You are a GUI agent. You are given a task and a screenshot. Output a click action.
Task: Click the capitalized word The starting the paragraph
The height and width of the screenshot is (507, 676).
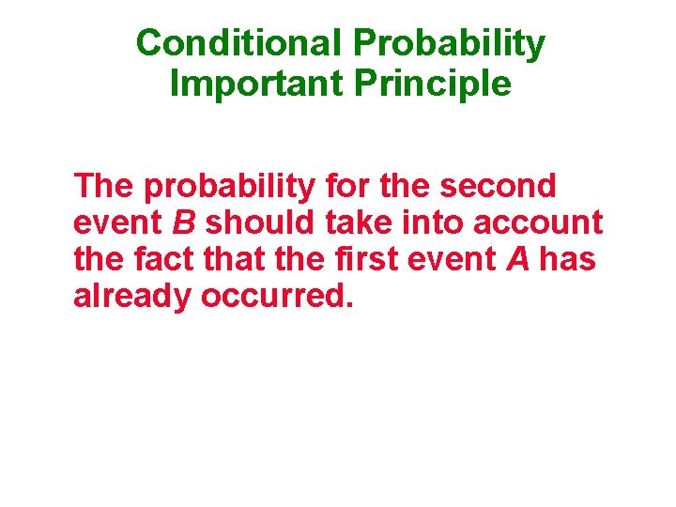point(103,186)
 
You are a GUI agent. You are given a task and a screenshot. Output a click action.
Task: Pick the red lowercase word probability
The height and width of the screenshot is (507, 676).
point(229,188)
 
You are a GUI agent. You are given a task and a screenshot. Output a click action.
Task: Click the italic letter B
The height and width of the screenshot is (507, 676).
point(182,223)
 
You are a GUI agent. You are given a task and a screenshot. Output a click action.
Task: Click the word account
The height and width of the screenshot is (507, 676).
point(538,223)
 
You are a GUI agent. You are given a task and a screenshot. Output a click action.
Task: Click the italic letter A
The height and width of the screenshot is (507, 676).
point(517,258)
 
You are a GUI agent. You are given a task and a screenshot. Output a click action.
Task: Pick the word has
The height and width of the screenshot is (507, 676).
point(568,258)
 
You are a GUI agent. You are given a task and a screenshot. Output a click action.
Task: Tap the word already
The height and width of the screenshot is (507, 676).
point(131,296)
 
